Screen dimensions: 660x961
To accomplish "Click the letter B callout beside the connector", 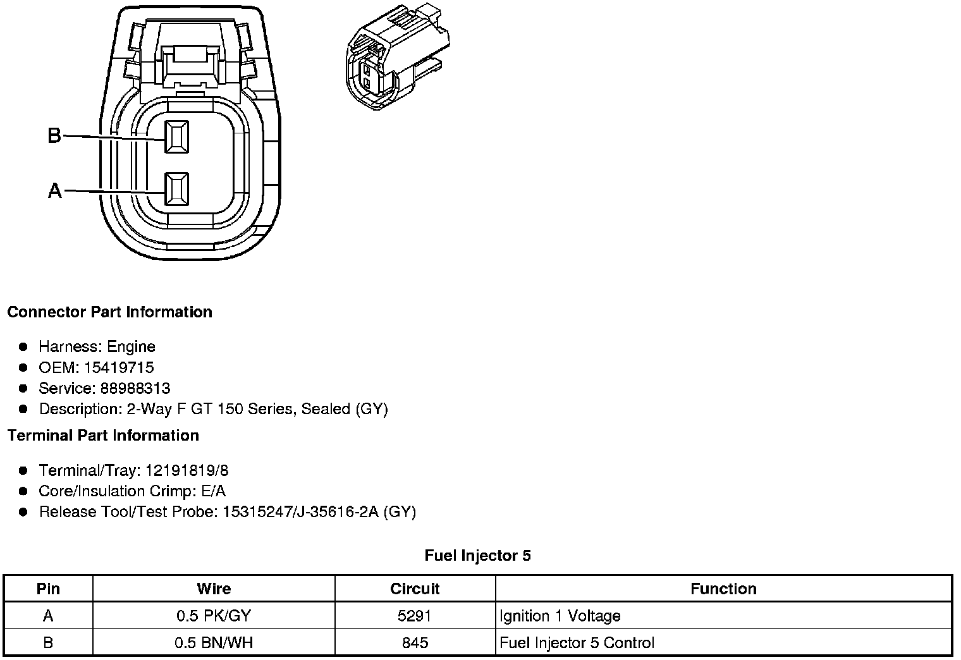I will pos(54,135).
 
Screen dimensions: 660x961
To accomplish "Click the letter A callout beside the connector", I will pos(55,190).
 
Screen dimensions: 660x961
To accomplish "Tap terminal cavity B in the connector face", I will pos(176,137).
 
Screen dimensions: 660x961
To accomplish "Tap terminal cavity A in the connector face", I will pos(176,189).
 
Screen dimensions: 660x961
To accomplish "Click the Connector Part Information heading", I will pos(109,312).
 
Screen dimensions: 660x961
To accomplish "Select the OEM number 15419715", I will pos(119,367).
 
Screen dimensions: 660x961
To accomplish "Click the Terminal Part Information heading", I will pos(103,436).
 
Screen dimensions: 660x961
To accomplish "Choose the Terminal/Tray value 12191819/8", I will pos(187,470).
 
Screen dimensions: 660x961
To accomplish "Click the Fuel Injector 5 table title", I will pos(477,556).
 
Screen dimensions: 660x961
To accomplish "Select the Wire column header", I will pos(214,589).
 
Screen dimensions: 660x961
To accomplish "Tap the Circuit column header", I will pos(415,589).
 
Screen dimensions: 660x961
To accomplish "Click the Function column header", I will pos(723,589).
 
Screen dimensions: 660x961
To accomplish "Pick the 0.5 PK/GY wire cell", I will pos(214,616).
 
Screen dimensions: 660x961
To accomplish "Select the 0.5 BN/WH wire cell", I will pos(214,643).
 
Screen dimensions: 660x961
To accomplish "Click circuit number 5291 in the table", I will pos(415,616).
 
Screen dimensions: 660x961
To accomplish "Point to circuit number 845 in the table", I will pos(415,643).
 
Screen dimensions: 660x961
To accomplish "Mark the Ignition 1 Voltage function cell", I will pos(560,616).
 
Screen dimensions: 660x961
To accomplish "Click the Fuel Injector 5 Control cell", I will pos(577,643).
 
